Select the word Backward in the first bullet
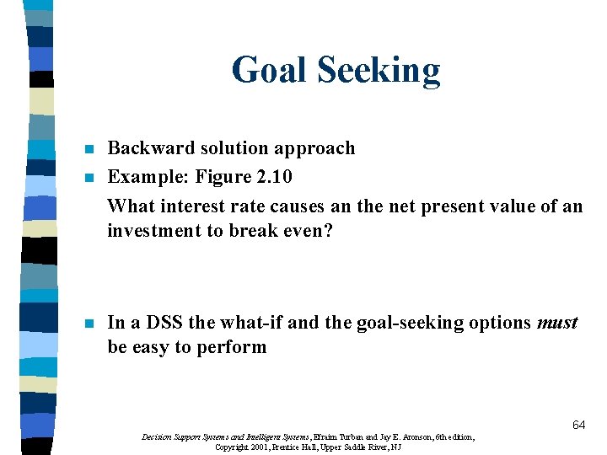click(143, 148)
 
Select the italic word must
click(557, 323)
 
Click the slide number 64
click(578, 426)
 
